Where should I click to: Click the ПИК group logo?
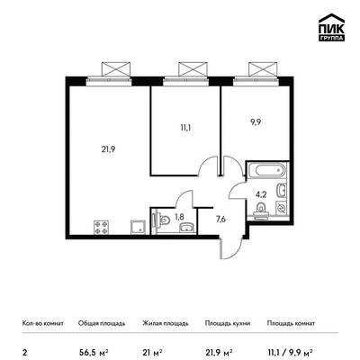(331, 28)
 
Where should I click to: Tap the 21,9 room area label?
(108, 149)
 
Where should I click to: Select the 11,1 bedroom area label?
(185, 128)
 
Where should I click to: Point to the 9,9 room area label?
(254, 122)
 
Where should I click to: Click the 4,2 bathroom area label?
(261, 194)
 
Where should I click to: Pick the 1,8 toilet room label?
(179, 217)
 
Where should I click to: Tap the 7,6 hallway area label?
(220, 219)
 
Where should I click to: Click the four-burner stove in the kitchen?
(102, 227)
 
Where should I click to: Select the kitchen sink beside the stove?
(138, 227)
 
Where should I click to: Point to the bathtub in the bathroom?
(267, 170)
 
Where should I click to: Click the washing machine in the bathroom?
(282, 207)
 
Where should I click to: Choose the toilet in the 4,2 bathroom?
(261, 209)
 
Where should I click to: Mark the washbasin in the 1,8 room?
(188, 228)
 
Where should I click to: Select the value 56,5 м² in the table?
(94, 352)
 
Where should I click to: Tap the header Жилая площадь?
(166, 323)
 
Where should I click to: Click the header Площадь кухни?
(228, 323)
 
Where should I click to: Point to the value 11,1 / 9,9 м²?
(291, 352)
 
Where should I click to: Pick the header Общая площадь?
(102, 323)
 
